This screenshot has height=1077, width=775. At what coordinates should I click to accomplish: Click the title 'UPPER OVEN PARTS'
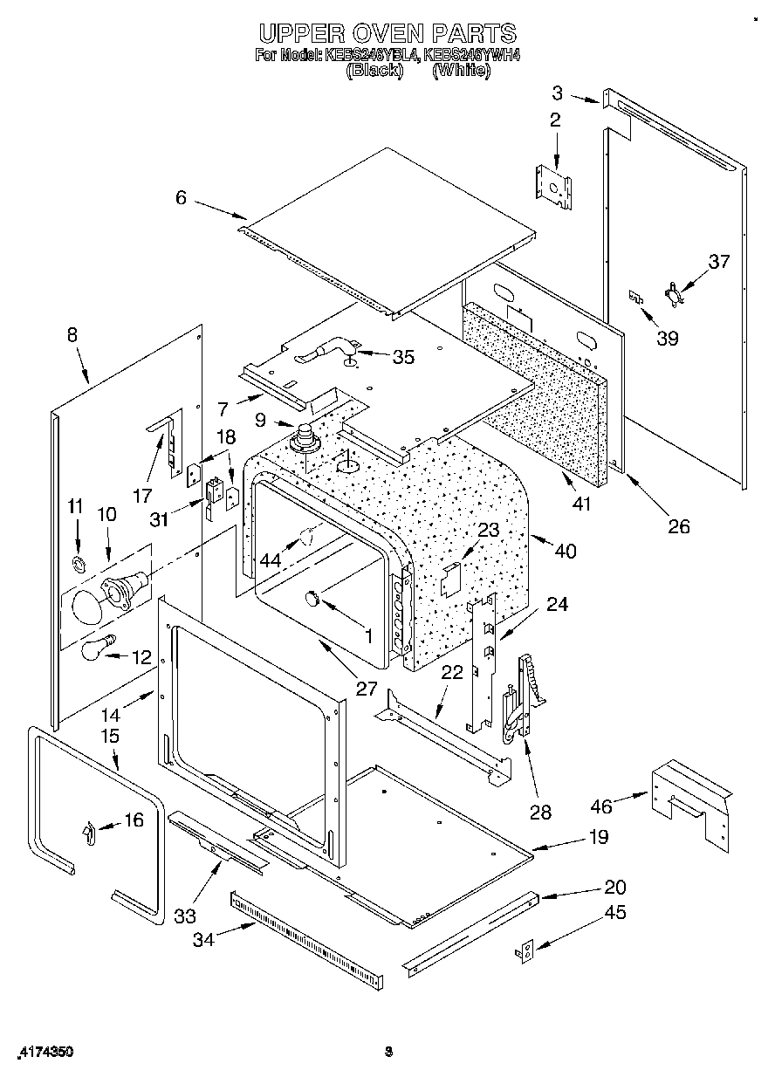(387, 33)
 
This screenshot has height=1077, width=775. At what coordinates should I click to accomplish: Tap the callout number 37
(718, 261)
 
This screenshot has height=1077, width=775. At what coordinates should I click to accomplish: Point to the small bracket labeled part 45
(525, 952)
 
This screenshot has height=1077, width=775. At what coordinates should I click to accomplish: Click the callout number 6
(181, 198)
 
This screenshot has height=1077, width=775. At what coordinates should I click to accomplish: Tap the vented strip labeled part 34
(305, 935)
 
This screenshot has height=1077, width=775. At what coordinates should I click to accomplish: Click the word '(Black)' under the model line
(374, 72)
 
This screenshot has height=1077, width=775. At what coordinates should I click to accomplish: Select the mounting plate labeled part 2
(553, 186)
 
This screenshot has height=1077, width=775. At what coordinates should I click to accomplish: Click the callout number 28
(541, 813)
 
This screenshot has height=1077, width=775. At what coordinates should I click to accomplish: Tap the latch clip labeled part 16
(88, 833)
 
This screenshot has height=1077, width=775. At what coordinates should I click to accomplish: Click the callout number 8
(72, 333)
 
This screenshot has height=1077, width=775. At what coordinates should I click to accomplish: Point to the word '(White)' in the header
(461, 72)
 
